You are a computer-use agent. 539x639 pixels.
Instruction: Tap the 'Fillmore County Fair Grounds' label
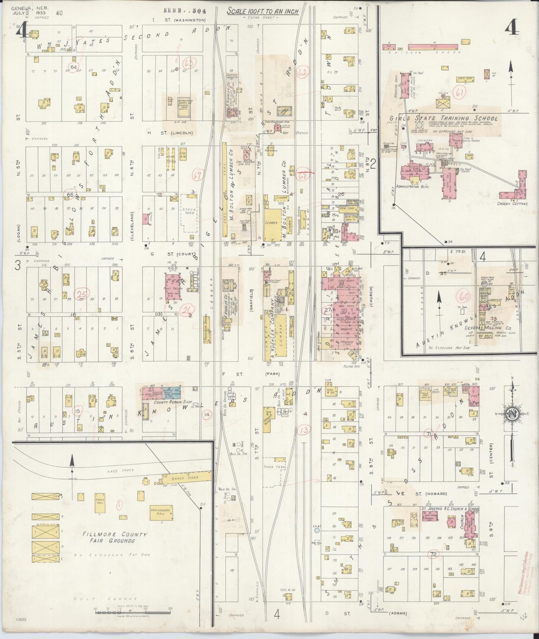coord(115,537)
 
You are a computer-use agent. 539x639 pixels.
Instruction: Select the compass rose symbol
coord(512,413)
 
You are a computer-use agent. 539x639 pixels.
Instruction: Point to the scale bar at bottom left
coord(133,610)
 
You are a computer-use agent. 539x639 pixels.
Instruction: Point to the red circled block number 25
coord(80,295)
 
